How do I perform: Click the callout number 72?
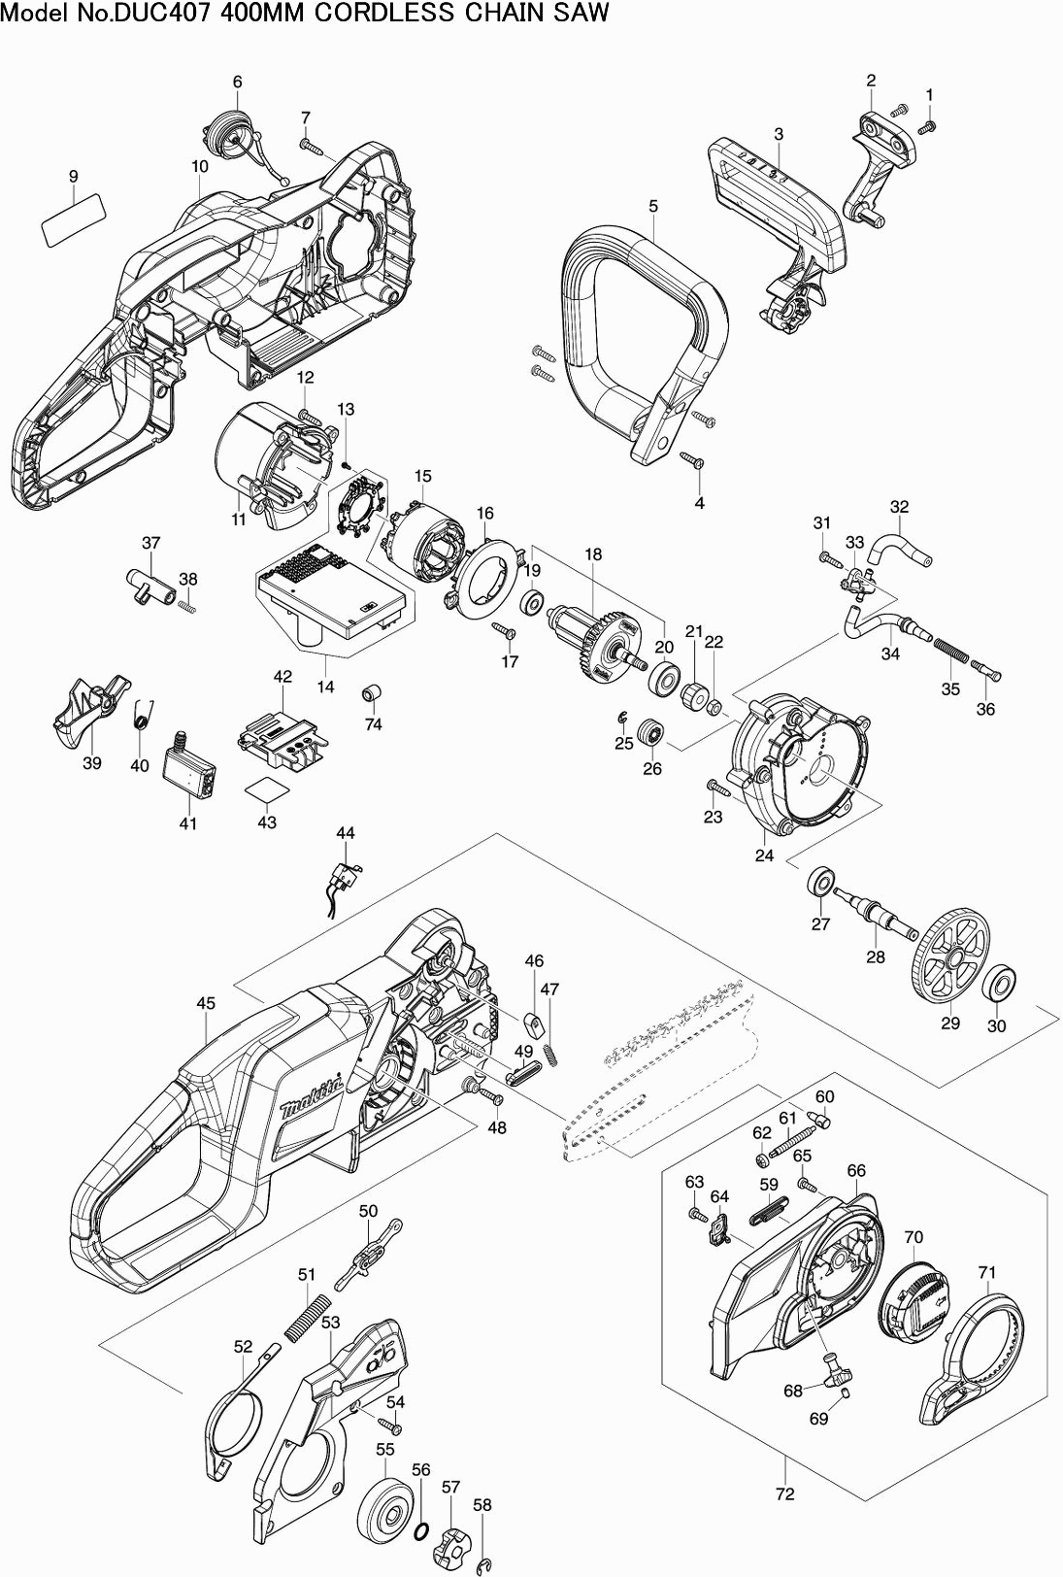coord(784,1493)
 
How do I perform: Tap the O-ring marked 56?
coord(421,1532)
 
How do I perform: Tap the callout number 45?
coord(206,1003)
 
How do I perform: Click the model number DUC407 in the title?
coord(186,13)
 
